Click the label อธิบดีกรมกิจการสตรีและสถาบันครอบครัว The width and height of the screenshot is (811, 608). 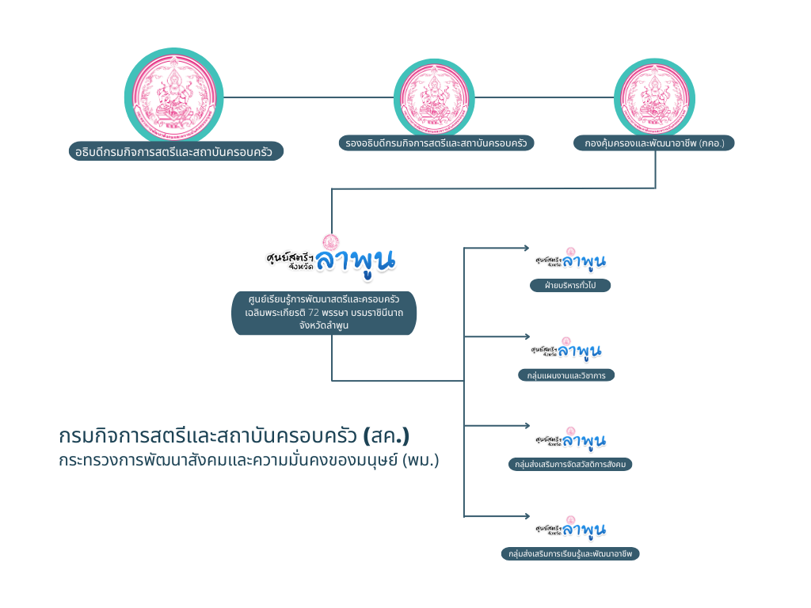pos(176,150)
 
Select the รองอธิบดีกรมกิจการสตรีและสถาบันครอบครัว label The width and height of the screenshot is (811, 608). pos(436,143)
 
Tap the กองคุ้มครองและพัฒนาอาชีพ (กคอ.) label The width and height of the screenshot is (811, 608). pos(654,143)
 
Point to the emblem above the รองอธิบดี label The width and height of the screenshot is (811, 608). pos(435,97)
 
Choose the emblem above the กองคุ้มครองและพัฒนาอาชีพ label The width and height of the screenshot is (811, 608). pos(655,97)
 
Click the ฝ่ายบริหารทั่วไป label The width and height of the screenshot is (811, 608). pos(570,285)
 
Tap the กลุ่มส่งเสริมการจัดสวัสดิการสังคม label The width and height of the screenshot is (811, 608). pos(570,465)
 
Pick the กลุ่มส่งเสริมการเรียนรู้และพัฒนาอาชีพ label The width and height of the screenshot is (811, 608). pos(570,554)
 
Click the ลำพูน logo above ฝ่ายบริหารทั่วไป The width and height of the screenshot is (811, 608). pos(570,260)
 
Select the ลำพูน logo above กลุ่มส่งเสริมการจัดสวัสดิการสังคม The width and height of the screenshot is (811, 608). pos(570,439)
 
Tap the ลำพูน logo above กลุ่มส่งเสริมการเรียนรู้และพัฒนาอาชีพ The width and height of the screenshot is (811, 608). pos(570,528)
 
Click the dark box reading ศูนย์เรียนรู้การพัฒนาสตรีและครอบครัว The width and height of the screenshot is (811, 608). pos(324,313)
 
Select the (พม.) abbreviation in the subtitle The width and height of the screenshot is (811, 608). pos(421,459)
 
